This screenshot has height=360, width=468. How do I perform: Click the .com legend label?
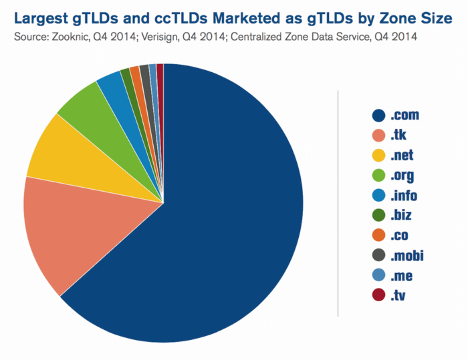click(404, 115)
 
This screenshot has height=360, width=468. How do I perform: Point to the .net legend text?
click(402, 156)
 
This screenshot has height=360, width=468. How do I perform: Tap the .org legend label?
click(402, 176)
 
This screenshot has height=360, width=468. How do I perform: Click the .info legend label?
click(404, 196)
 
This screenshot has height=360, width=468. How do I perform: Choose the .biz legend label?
click(401, 216)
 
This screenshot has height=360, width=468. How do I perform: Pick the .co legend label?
click(399, 236)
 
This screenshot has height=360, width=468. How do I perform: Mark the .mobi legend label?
click(407, 255)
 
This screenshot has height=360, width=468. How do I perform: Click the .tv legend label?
click(398, 295)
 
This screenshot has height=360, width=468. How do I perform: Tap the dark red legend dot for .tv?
click(379, 295)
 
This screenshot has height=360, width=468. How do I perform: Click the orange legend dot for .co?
click(379, 236)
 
